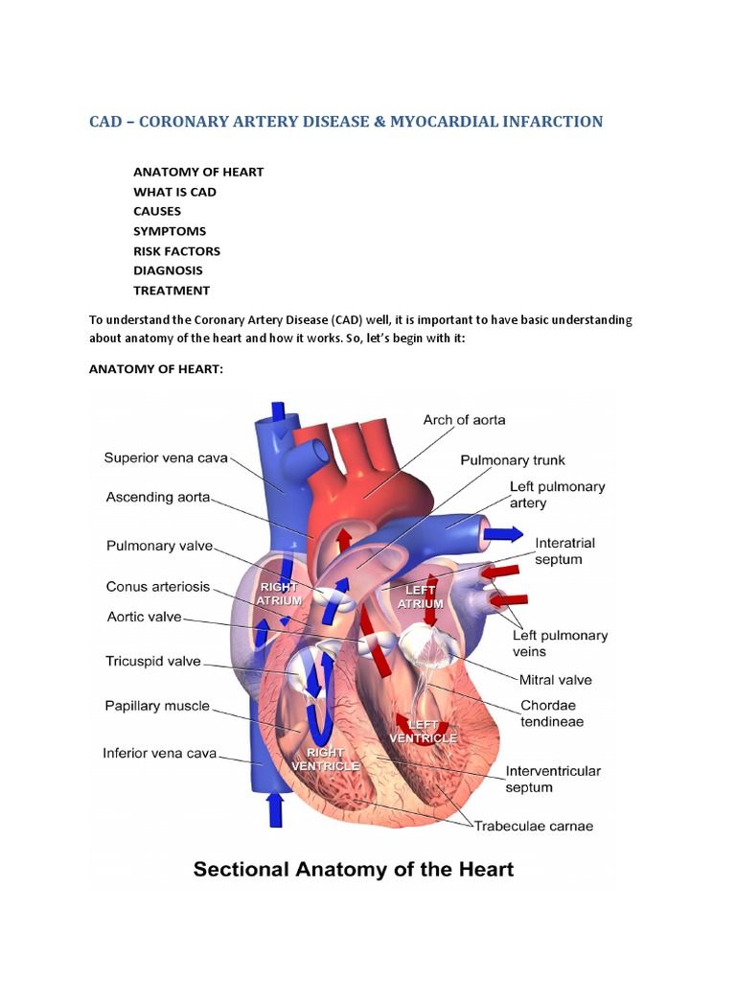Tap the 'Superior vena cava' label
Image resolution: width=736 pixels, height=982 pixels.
pos(166,457)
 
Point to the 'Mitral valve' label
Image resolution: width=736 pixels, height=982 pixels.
pos(555,680)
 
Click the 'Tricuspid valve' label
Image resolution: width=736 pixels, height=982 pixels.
pos(152,661)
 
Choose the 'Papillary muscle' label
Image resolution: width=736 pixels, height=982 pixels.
pos(156,706)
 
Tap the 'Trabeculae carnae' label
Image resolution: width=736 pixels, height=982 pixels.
pos(531,826)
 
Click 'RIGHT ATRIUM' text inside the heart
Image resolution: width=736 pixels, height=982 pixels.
pos(279,593)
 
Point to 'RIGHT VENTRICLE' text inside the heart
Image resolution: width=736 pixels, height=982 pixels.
pos(326,760)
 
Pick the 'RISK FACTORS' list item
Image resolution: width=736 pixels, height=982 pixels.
pos(176,251)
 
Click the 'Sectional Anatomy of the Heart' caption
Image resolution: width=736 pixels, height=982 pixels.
pos(354,870)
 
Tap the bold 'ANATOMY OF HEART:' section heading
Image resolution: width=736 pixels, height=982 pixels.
pos(155,369)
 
